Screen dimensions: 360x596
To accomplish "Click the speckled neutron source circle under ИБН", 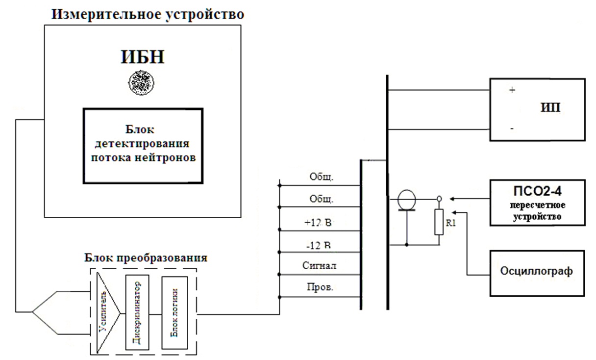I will (x=141, y=81).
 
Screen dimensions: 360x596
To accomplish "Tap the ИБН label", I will (x=142, y=57).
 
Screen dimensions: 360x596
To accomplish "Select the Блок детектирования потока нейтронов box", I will (x=143, y=145).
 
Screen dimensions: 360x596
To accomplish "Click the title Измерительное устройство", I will (x=148, y=14).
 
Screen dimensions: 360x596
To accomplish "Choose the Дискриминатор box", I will (x=137, y=312).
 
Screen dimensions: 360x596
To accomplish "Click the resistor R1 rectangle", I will (x=439, y=222).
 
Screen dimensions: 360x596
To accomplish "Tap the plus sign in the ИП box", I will (x=513, y=91).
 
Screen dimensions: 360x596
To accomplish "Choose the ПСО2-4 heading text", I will (x=537, y=190).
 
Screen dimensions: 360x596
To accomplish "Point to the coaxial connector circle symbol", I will (x=406, y=199).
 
